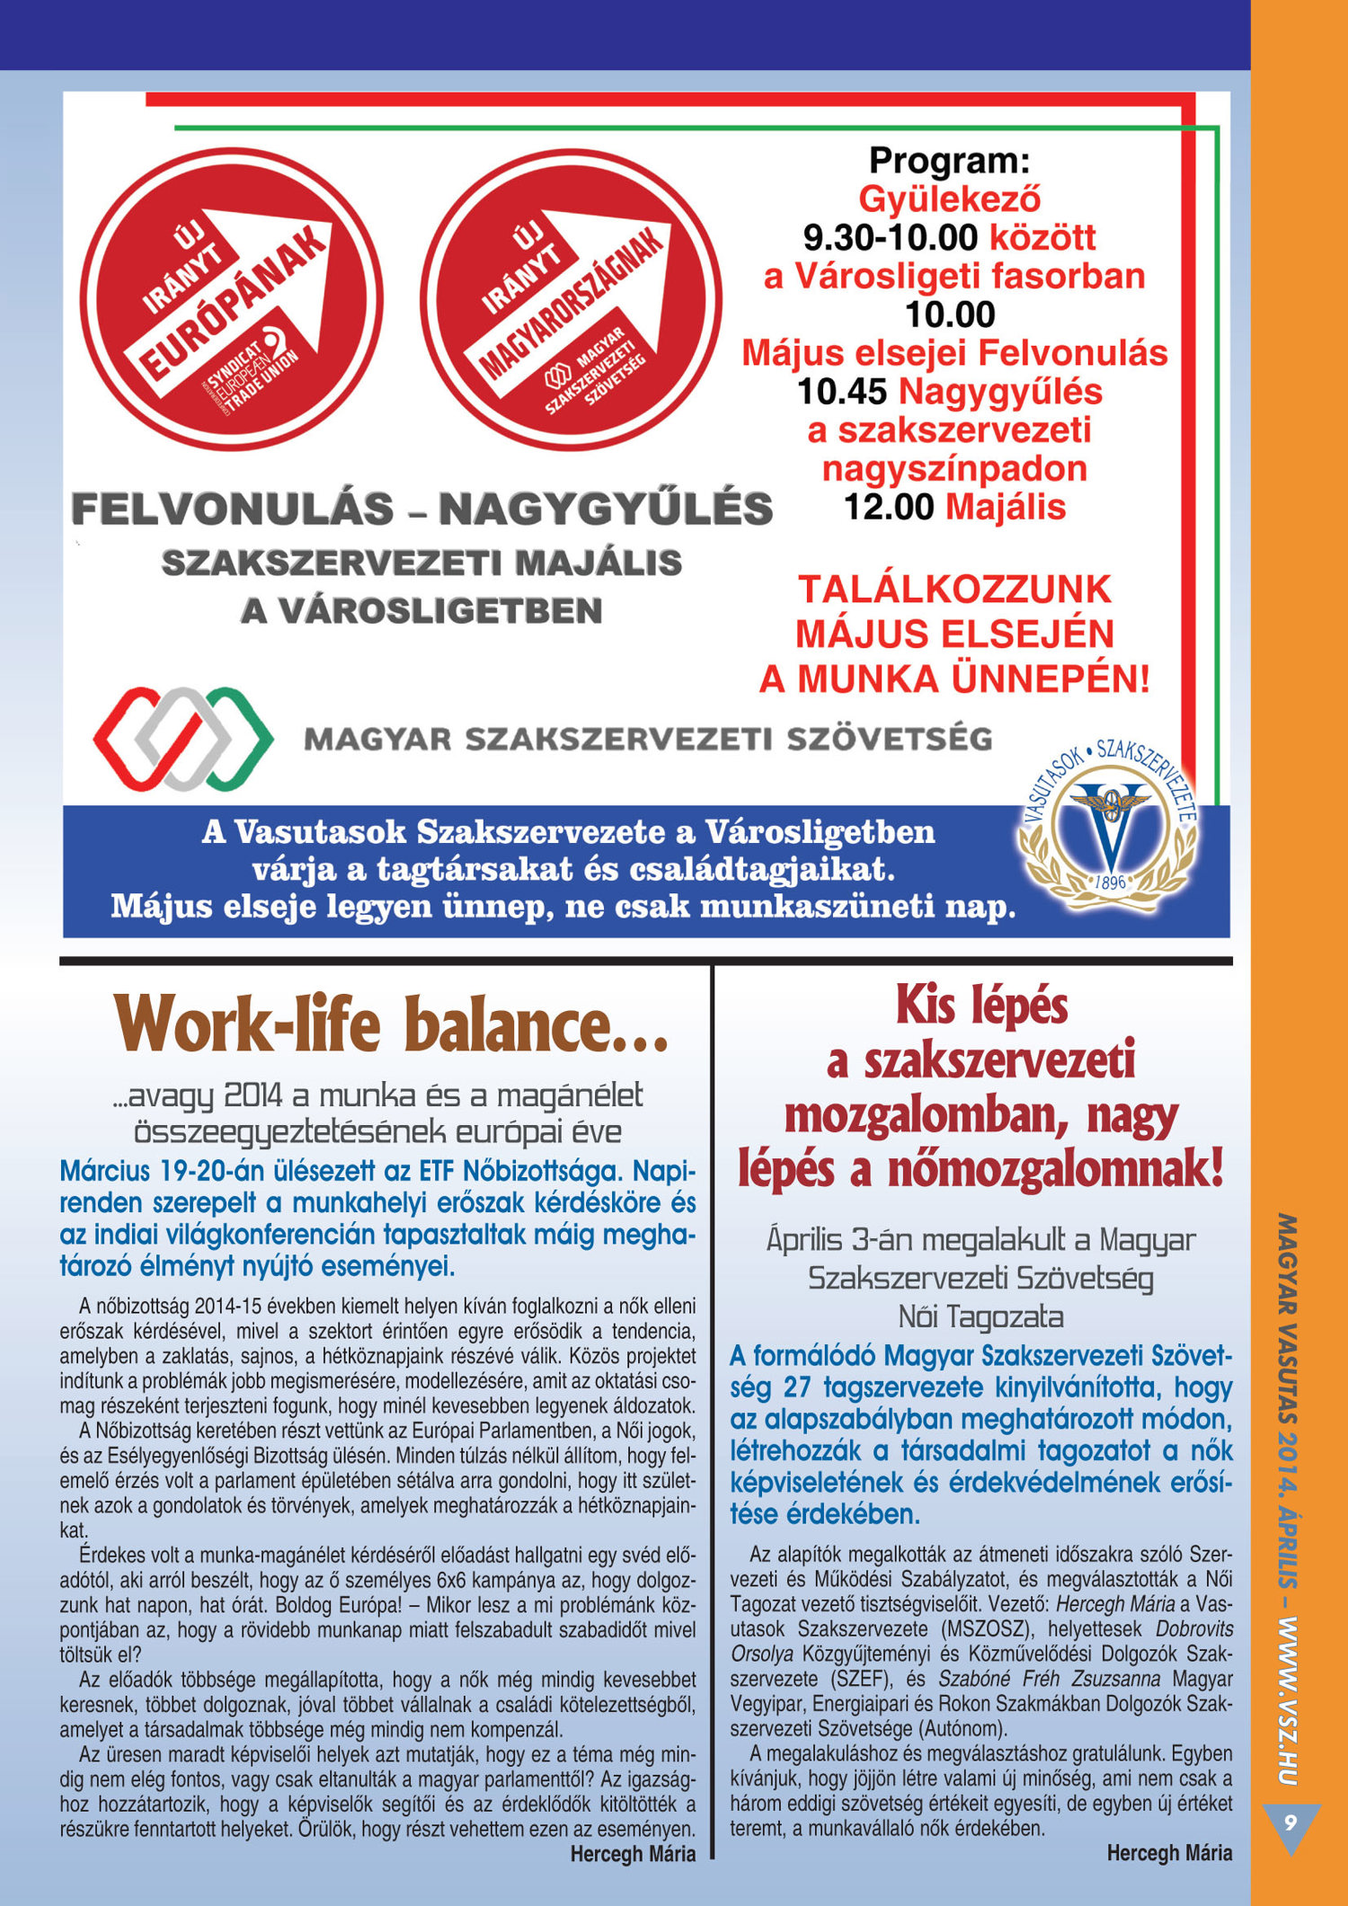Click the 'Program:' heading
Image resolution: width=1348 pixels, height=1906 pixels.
[x=949, y=162]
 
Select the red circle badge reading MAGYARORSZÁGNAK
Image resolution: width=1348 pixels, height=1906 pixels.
[x=572, y=299]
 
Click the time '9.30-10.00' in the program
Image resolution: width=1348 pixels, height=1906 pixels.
[x=890, y=238]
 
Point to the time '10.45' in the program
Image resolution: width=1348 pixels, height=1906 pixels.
[x=842, y=392]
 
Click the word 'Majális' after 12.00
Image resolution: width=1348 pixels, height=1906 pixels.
[x=1006, y=508]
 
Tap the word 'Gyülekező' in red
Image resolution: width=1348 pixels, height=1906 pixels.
[x=950, y=199]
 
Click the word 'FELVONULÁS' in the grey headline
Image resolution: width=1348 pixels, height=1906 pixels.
[x=233, y=510]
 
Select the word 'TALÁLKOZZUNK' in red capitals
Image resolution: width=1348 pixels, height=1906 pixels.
[x=954, y=590]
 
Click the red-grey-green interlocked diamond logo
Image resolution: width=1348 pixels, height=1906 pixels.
[x=183, y=739]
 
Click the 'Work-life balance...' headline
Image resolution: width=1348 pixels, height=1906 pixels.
[x=392, y=1026]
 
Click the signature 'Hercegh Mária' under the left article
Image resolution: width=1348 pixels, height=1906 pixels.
[x=633, y=1854]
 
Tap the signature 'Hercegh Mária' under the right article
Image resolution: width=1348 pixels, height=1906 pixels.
[x=1169, y=1852]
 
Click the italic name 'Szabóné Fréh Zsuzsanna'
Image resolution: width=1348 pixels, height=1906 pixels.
[x=1049, y=1679]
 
